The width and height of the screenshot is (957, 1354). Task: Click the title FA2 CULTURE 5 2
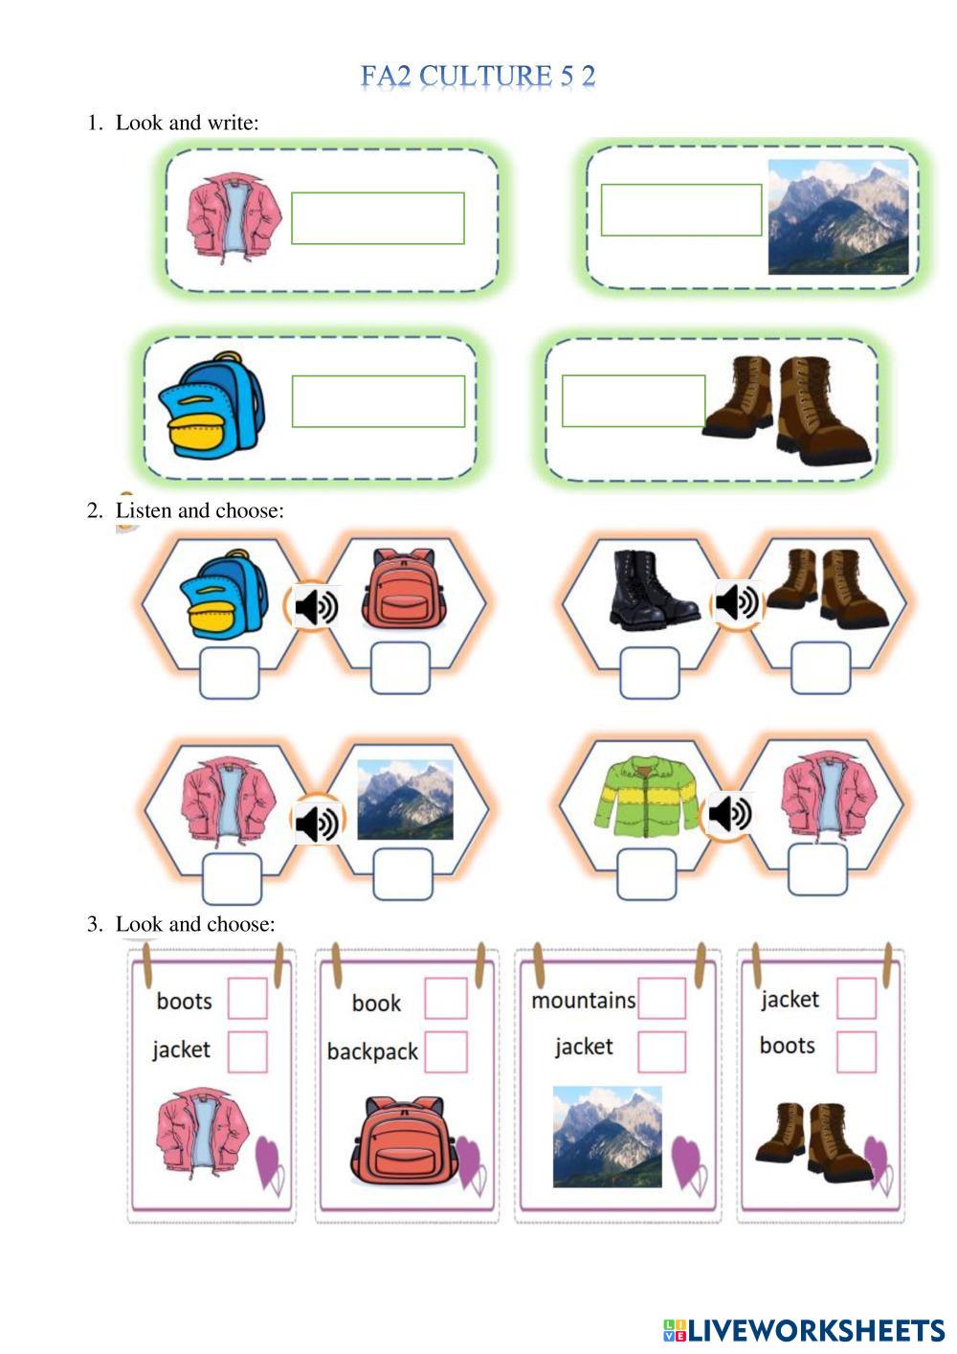click(x=478, y=77)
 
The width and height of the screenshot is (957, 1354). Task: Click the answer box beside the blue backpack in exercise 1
click(x=378, y=401)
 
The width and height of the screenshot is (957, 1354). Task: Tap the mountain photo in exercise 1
click(x=838, y=216)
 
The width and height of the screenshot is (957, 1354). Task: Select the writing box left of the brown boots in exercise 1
click(x=634, y=401)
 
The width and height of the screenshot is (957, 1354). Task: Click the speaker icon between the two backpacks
click(x=316, y=606)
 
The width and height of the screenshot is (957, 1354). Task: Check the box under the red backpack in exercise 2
click(x=400, y=668)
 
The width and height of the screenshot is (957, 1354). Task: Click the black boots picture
click(x=653, y=587)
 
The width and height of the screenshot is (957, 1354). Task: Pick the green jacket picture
click(x=650, y=796)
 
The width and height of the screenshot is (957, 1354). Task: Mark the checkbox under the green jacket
click(x=647, y=874)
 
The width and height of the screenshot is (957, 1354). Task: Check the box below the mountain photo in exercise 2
click(x=403, y=874)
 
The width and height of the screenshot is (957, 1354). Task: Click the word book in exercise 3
click(x=376, y=1004)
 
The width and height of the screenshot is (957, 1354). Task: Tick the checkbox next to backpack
click(x=446, y=1052)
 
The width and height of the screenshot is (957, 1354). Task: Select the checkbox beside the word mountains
click(x=661, y=999)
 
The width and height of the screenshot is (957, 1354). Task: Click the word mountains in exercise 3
click(x=583, y=1001)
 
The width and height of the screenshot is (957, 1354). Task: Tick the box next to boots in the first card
click(x=248, y=999)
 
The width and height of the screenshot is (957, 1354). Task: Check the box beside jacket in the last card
click(x=857, y=999)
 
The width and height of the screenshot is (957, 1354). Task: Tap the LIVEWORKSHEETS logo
click(x=804, y=1330)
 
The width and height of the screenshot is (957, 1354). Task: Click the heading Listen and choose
click(x=199, y=510)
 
